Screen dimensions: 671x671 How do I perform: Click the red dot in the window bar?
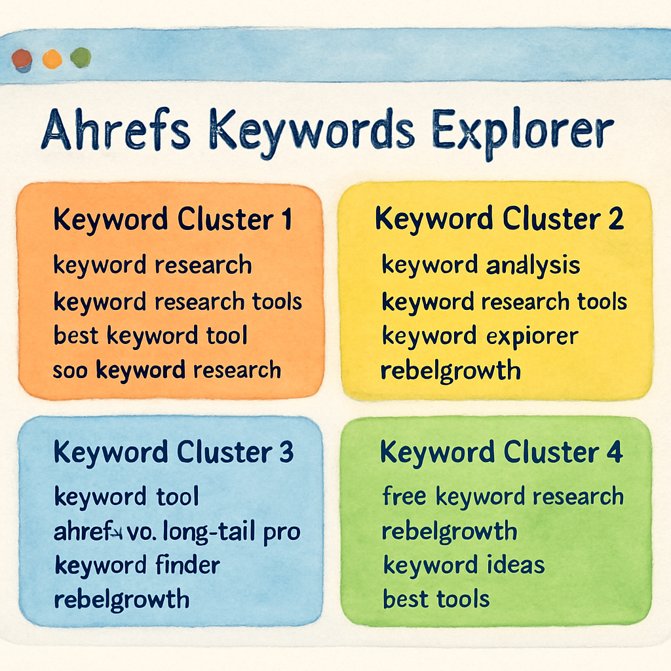point(22,60)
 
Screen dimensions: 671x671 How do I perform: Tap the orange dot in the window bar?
point(52,60)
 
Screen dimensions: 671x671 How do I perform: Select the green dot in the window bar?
point(81,58)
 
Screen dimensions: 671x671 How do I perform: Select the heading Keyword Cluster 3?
point(174,452)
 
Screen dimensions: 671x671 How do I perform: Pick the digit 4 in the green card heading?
point(614,453)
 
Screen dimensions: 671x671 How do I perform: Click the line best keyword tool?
point(150,336)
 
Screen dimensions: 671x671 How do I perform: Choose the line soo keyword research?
point(166,370)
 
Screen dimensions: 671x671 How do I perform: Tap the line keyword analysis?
point(480,266)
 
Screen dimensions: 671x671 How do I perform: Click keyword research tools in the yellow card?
point(504,301)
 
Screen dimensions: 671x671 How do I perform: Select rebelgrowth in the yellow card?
point(450,370)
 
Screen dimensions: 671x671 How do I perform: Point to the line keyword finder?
point(137,565)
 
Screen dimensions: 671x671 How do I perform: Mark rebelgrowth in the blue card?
point(121,599)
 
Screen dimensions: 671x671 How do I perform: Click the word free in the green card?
point(405,497)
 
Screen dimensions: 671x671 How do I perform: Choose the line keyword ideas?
point(463,565)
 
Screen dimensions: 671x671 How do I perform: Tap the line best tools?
point(436,599)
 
